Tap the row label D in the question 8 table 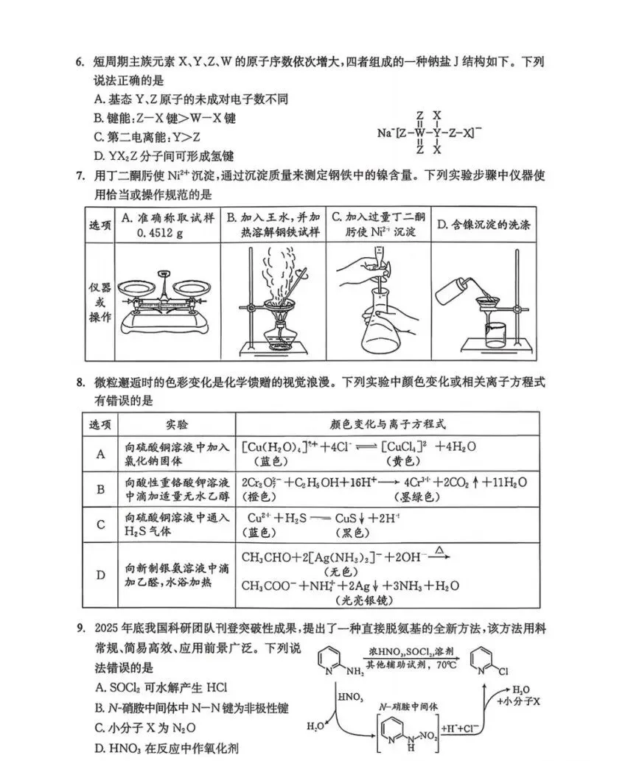click(x=100, y=575)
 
